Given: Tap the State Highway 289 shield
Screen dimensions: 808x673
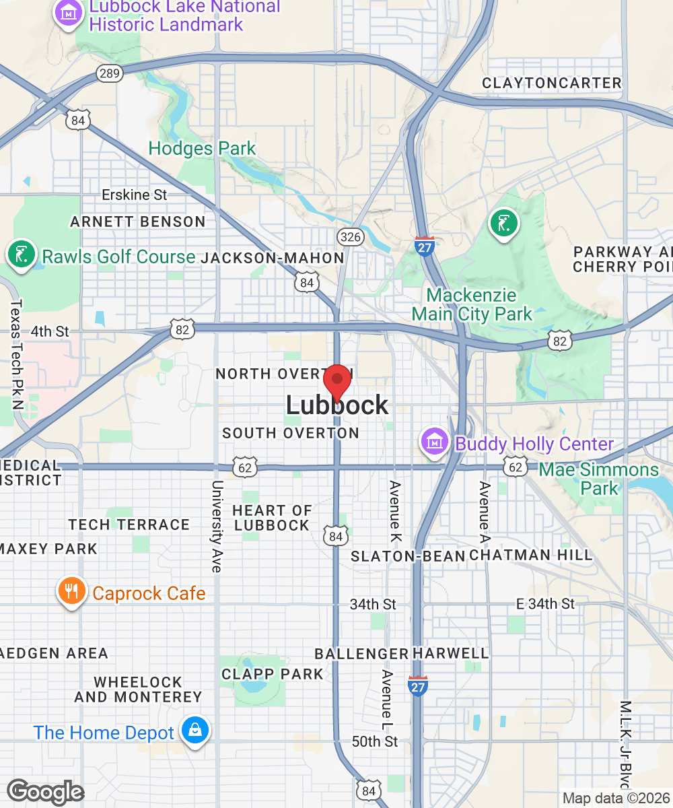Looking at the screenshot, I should [x=108, y=73].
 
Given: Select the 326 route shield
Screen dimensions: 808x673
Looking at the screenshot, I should [x=350, y=236].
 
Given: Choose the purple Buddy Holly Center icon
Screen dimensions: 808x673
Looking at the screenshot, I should [x=435, y=442].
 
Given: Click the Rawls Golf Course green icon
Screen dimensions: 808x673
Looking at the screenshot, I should [x=21, y=254].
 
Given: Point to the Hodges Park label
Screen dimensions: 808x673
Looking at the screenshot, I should [x=202, y=148].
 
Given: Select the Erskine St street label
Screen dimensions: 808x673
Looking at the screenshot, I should [x=134, y=195].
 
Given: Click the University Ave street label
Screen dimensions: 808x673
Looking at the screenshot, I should [x=216, y=526].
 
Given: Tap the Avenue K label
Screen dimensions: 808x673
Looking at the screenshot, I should [x=395, y=512].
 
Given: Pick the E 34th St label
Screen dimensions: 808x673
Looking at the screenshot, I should [x=545, y=604].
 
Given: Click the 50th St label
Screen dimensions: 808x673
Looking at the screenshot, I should [x=375, y=741].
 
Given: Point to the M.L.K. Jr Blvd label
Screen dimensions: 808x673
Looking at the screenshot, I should [x=625, y=743].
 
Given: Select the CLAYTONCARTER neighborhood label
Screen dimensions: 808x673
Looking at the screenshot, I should [x=552, y=83].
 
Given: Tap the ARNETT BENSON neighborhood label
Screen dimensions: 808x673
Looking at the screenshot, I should [x=138, y=222].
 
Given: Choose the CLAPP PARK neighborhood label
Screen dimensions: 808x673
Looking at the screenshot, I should [x=273, y=673].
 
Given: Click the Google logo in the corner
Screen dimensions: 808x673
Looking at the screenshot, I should [x=45, y=792].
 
